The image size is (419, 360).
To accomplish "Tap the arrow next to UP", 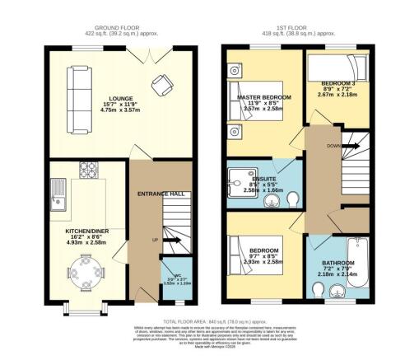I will pyautogui.click(x=175, y=241).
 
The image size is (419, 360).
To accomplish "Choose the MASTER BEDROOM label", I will pyautogui.click(x=261, y=97).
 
